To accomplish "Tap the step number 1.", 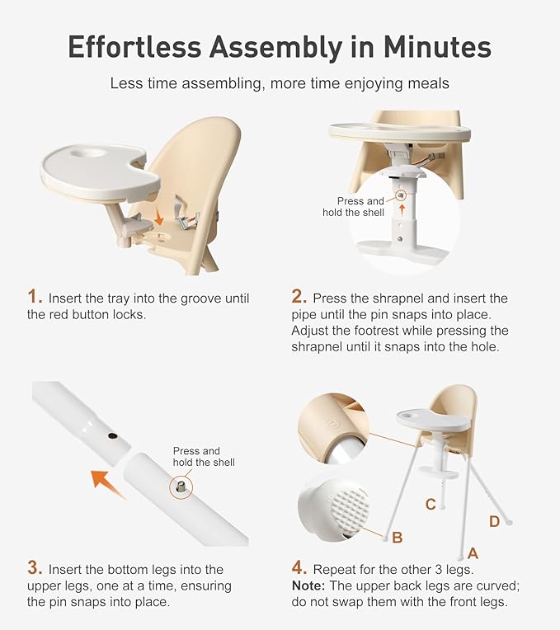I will point(34,297).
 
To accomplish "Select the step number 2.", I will point(299,297).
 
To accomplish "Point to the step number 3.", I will point(34,568).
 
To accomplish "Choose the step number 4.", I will point(299,568).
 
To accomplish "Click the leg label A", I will point(473,553).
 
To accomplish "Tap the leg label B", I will point(398,538).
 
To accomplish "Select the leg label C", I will point(430,504).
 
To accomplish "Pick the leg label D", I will point(494,520).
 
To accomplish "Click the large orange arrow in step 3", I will point(108,482).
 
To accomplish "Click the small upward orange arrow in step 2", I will point(402,209).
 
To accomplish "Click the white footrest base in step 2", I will point(400,248).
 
